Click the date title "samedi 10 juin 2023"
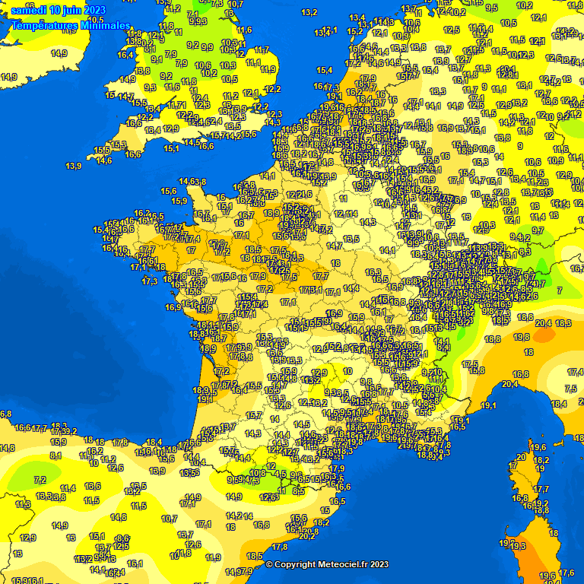(59, 10)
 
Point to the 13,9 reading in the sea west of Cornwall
(74, 166)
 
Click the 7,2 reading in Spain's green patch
(40, 480)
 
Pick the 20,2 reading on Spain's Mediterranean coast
(307, 536)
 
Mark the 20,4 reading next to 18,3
(544, 323)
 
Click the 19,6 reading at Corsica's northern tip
(539, 447)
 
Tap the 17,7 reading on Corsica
(541, 489)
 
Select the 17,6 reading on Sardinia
(567, 573)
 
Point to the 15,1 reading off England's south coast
(171, 148)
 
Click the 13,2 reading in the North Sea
(309, 12)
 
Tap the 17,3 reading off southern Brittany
(150, 281)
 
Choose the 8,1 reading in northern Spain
(56, 455)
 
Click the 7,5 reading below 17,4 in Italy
(571, 389)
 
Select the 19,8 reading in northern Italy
(522, 336)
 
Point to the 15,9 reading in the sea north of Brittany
(179, 201)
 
